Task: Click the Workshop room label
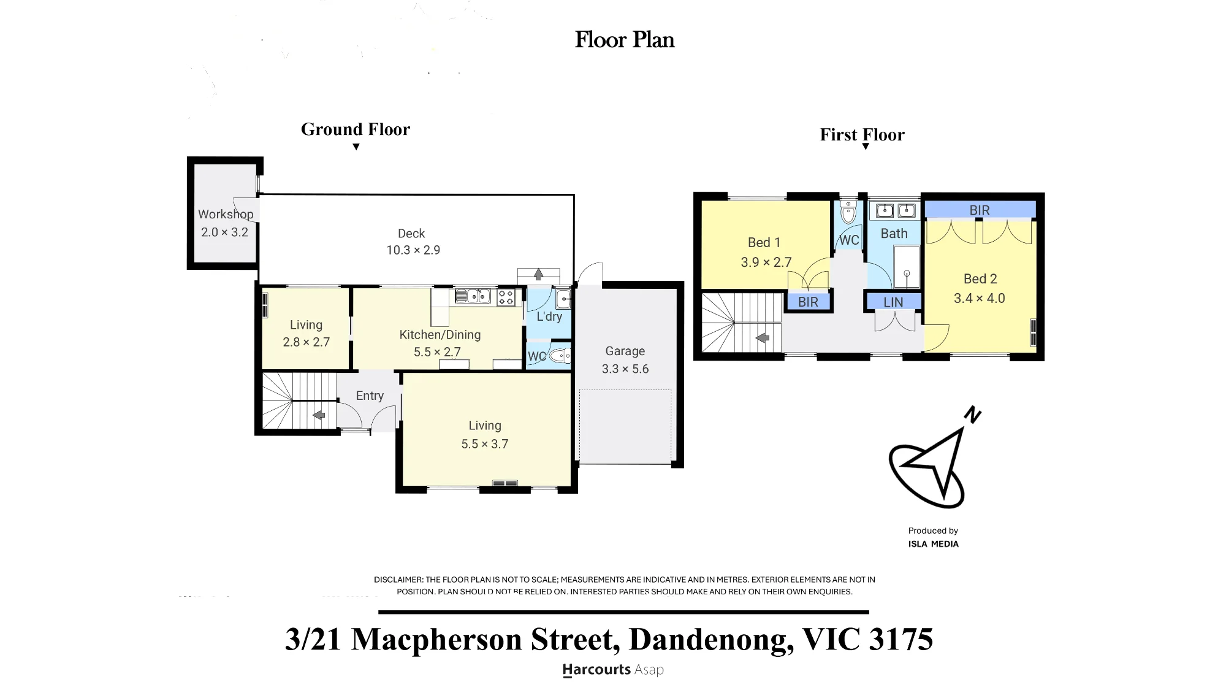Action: (226, 214)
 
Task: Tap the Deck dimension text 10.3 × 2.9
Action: (413, 250)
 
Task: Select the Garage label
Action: (625, 351)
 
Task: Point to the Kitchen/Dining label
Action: (440, 335)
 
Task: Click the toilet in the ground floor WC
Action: (559, 356)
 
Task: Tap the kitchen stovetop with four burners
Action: (506, 297)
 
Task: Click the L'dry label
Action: (549, 316)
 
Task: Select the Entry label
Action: (370, 396)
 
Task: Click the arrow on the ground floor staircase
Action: (319, 415)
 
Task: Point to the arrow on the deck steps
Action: (539, 274)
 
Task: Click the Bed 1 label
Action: (764, 243)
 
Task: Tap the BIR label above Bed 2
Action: (980, 210)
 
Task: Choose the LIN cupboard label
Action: (893, 302)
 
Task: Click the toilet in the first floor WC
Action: (848, 212)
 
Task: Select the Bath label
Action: (894, 234)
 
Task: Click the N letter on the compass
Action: (972, 415)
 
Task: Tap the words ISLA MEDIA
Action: (934, 544)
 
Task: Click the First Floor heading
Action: (862, 135)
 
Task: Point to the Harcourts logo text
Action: (596, 670)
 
